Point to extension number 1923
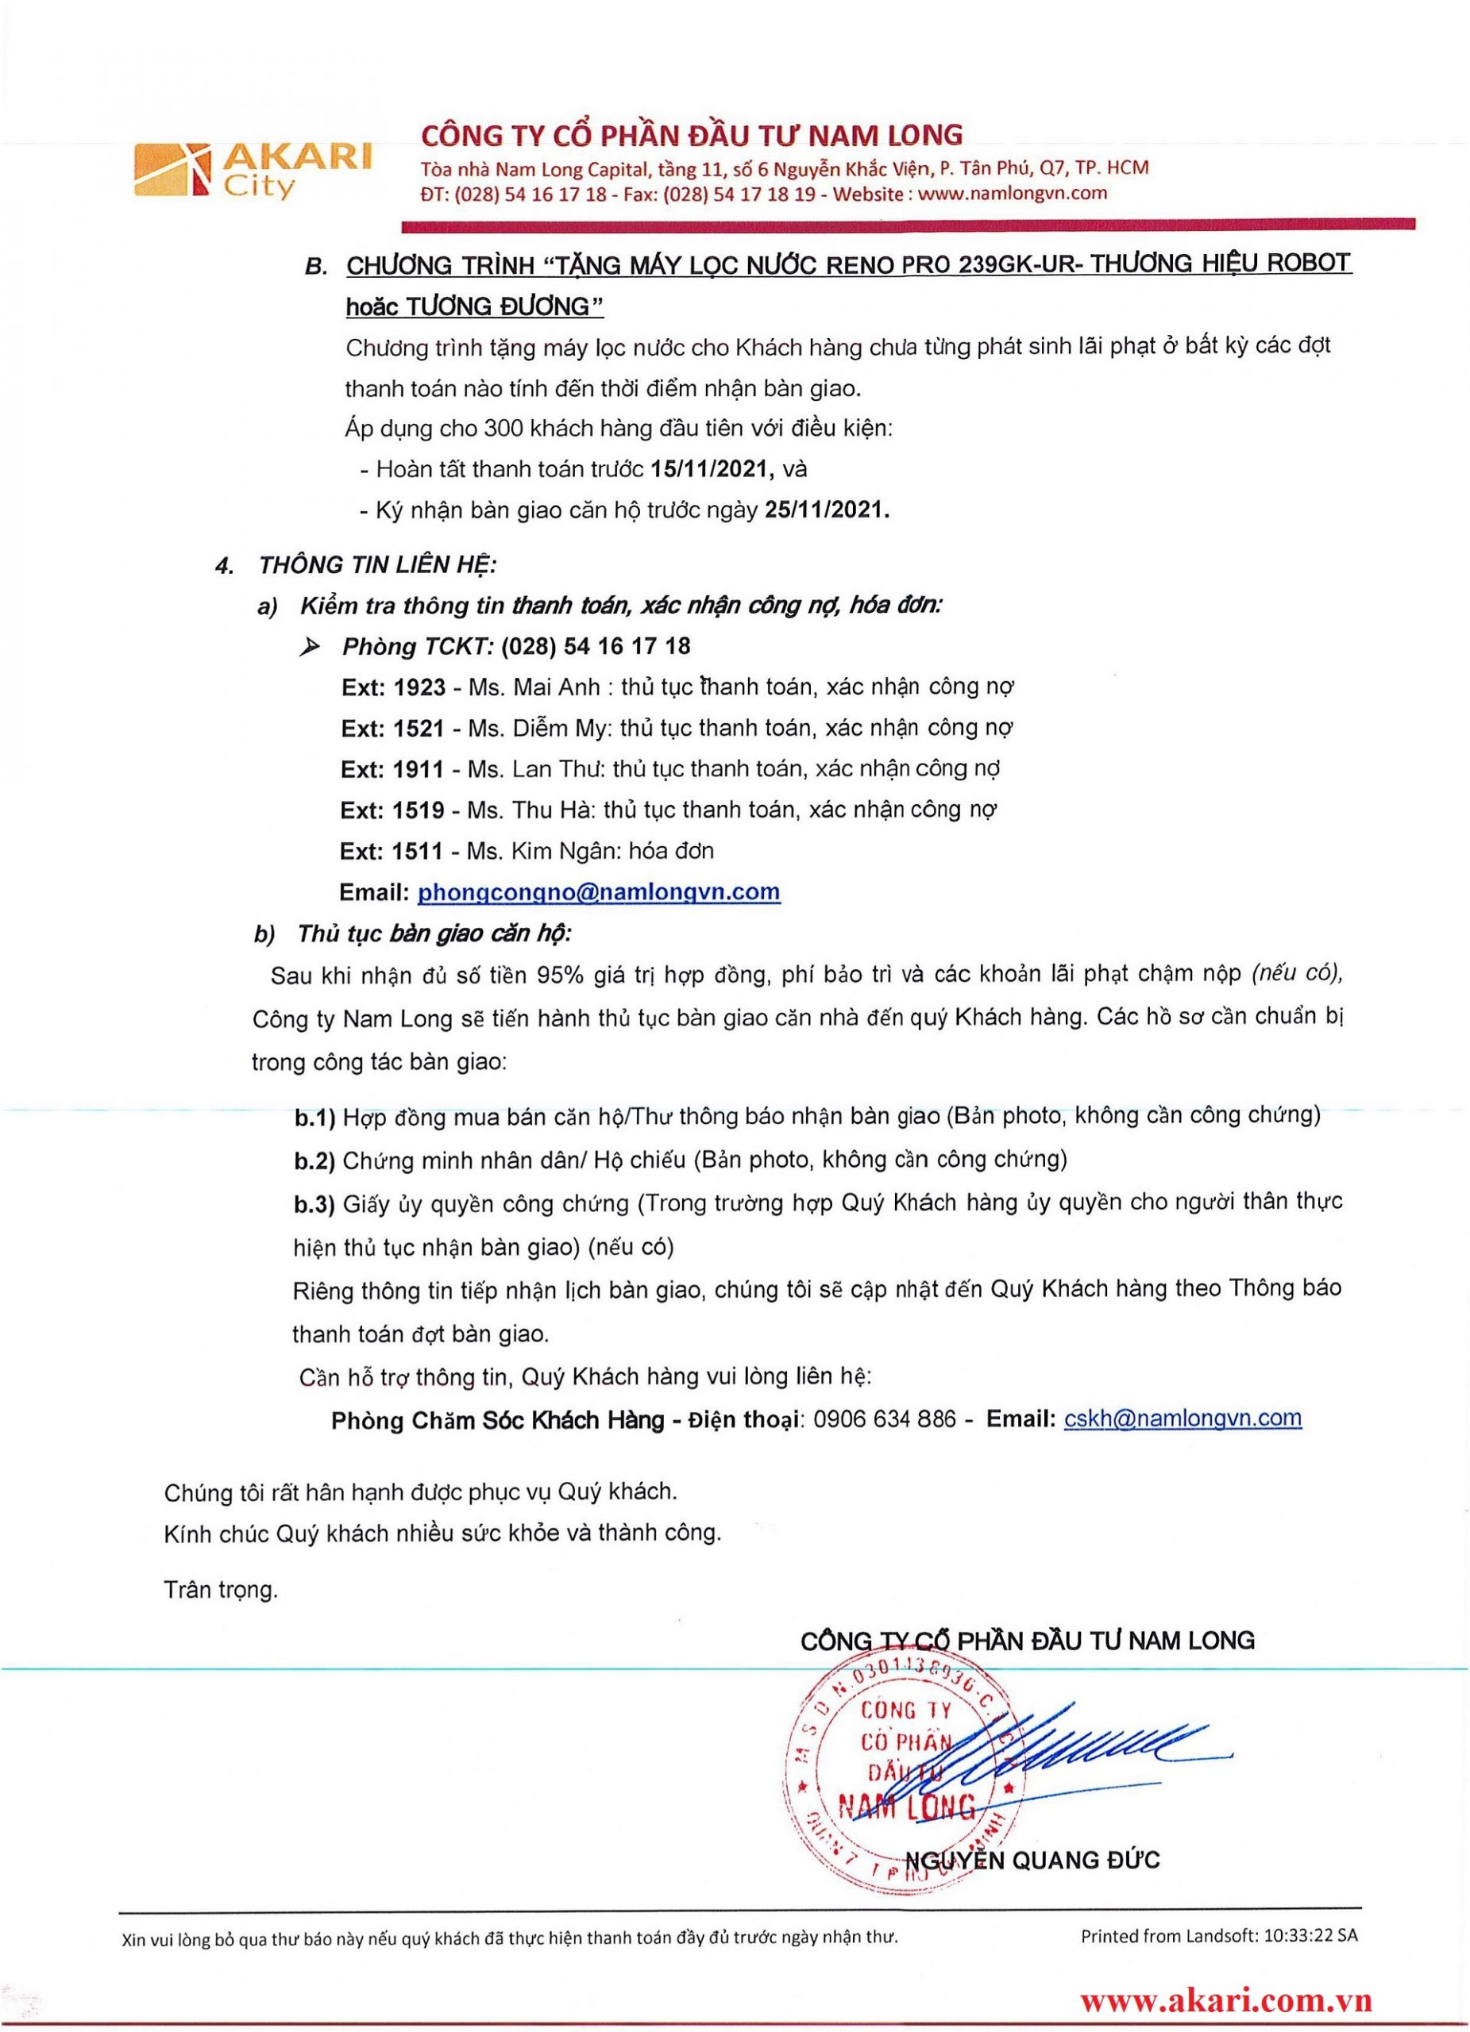pos(419,687)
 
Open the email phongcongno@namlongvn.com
pos(599,892)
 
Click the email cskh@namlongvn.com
pos(1183,1418)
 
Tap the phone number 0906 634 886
pos(885,1419)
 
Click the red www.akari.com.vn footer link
pos(1225,2000)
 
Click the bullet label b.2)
pos(314,1161)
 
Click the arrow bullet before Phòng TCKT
pos(311,647)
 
